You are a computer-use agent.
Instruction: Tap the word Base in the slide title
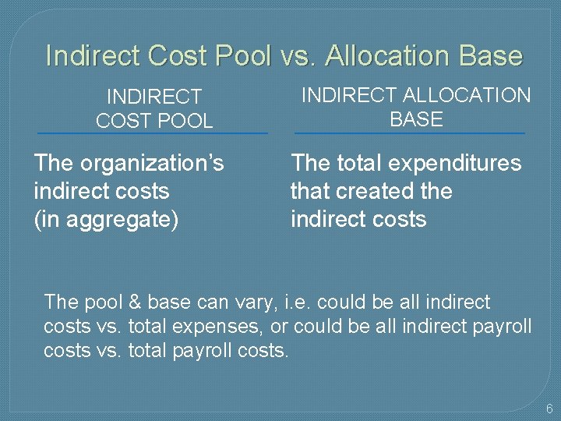click(490, 56)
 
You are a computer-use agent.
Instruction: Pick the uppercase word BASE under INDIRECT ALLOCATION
click(416, 119)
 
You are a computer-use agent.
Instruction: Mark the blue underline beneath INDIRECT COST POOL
click(153, 133)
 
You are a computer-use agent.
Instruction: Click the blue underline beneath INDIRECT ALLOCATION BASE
click(410, 133)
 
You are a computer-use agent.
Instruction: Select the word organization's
click(152, 164)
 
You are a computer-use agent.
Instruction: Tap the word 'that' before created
click(308, 191)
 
